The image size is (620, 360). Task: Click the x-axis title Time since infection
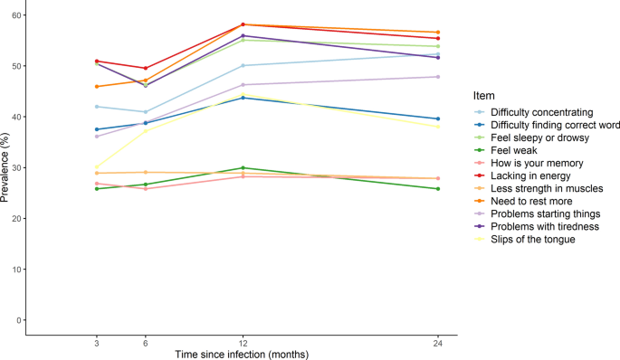(242, 354)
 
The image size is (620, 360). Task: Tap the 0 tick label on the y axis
(17, 320)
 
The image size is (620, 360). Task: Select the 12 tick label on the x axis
(242, 342)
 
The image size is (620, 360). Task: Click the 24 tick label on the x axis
(438, 342)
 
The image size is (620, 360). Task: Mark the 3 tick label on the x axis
(96, 342)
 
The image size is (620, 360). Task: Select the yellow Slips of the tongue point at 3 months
(96, 167)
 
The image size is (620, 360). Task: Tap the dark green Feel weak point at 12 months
(243, 168)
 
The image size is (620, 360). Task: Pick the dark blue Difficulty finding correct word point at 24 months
(438, 118)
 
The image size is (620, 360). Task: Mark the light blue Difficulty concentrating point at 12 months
(243, 65)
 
